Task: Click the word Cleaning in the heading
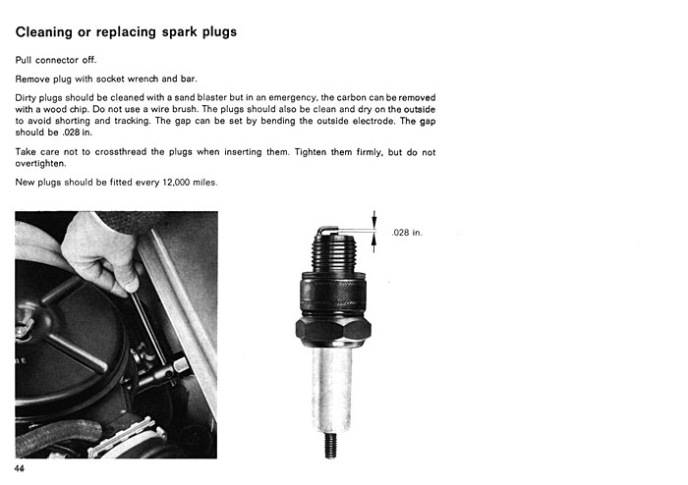point(44,32)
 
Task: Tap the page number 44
point(20,468)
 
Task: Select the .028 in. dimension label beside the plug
point(407,233)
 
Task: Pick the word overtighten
point(41,164)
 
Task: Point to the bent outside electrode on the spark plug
point(327,230)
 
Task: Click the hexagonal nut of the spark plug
point(333,330)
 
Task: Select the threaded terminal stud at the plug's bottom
point(331,445)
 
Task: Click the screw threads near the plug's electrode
point(334,253)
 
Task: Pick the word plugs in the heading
point(219,32)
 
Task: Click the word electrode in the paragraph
point(373,121)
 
